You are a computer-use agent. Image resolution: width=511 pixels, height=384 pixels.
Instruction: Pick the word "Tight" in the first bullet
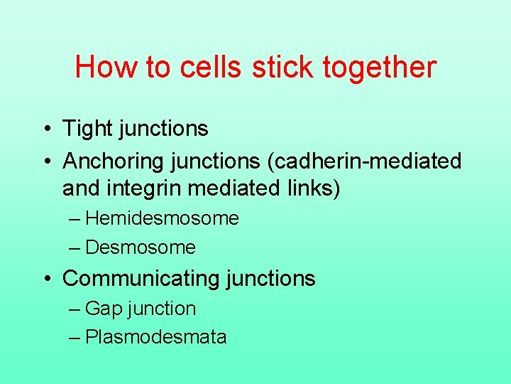coord(86,129)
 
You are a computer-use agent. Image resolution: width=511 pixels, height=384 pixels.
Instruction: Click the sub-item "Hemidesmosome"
coord(162,218)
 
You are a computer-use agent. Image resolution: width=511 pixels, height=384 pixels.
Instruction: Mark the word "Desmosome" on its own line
coord(140,247)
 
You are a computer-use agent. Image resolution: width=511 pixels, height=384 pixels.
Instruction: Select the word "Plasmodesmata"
coord(155,337)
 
